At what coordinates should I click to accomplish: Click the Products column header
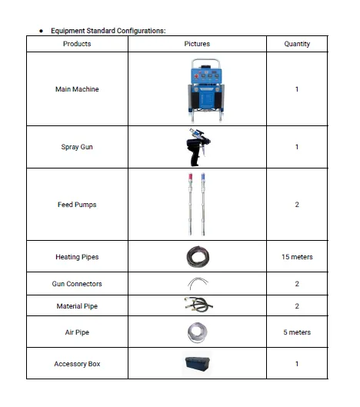click(x=77, y=44)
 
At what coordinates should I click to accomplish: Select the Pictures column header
click(x=197, y=44)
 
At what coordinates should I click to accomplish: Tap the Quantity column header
click(x=297, y=44)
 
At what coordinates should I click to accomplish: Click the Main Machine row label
click(x=77, y=89)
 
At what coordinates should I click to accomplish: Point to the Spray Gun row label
click(x=77, y=146)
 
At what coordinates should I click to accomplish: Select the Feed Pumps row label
click(x=77, y=205)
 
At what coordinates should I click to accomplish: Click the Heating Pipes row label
click(x=77, y=257)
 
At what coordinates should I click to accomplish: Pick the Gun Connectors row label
click(x=77, y=284)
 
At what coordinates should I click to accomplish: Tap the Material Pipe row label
click(x=77, y=306)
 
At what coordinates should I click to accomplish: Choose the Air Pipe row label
click(x=77, y=332)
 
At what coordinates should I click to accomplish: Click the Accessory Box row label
click(x=77, y=363)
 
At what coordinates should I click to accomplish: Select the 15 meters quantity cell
click(x=297, y=257)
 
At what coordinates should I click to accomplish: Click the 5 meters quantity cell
click(x=297, y=332)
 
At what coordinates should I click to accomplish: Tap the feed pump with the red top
click(x=190, y=205)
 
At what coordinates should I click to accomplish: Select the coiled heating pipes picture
click(x=197, y=257)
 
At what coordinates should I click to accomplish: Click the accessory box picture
click(x=197, y=363)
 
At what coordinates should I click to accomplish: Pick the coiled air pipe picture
click(x=197, y=332)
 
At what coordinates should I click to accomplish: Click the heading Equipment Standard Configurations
click(x=108, y=31)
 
